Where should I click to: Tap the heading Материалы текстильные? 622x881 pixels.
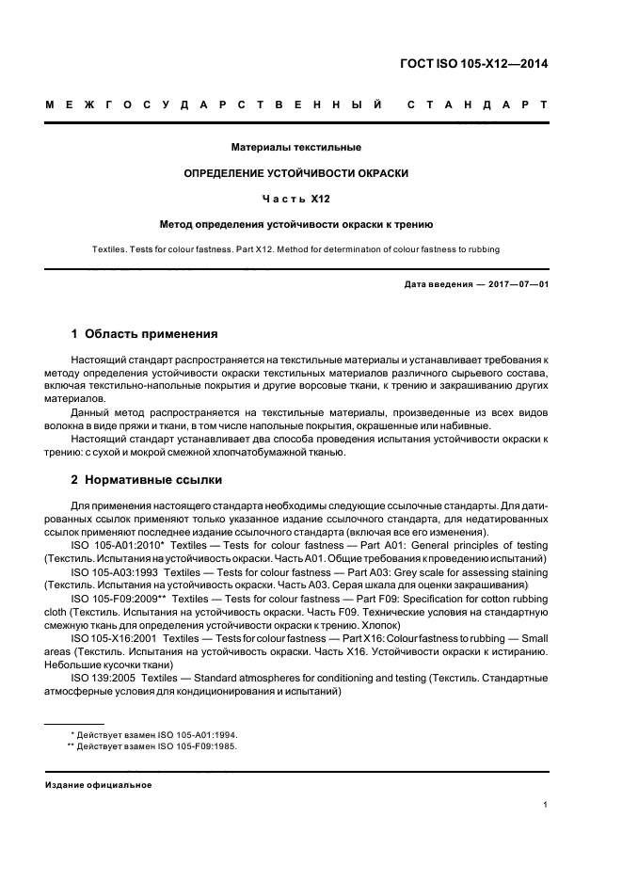click(295, 148)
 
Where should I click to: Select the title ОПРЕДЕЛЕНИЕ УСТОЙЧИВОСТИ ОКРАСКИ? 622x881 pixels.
click(295, 173)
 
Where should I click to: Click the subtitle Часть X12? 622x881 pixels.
click(295, 199)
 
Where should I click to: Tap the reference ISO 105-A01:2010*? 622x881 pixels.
click(118, 546)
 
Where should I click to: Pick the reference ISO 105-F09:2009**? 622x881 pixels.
click(120, 599)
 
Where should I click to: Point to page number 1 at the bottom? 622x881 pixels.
click(546, 805)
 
